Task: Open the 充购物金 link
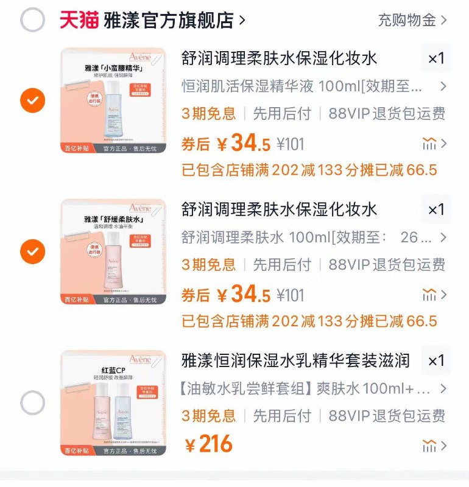(407, 20)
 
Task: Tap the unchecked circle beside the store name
(33, 20)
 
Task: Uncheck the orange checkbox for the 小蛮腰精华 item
(33, 100)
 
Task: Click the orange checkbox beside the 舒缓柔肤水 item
(33, 251)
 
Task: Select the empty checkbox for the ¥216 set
(33, 403)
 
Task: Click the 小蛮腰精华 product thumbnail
(113, 100)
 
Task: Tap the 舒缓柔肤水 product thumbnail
(113, 251)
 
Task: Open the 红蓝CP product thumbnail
(113, 403)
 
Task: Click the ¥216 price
(209, 444)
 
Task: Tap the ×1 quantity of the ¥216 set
(436, 360)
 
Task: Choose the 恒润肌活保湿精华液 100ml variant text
(301, 86)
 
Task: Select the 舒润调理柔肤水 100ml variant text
(301, 237)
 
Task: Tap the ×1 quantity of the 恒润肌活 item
(436, 58)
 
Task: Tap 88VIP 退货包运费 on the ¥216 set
(386, 416)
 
